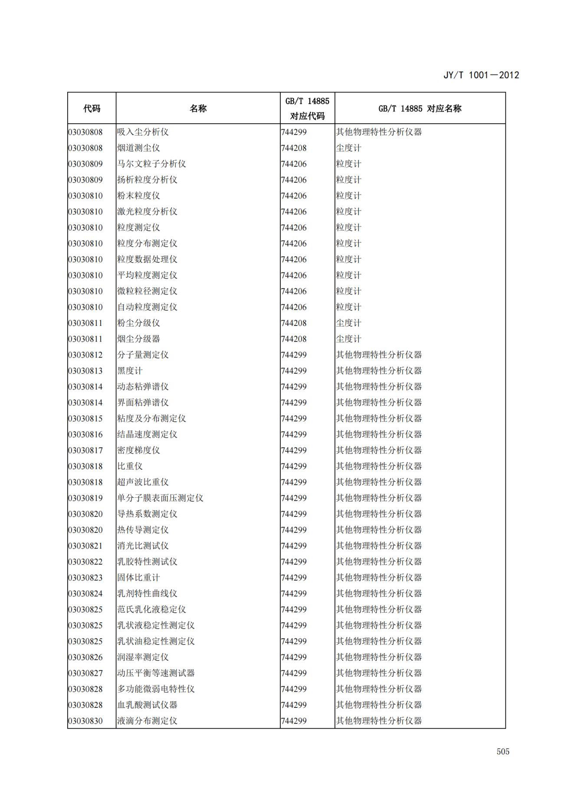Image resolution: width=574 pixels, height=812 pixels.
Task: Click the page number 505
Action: [503, 751]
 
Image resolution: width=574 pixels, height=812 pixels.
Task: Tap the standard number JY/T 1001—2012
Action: [481, 75]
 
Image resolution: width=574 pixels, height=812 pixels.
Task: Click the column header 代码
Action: [92, 108]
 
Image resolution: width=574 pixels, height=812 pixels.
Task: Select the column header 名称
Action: [198, 108]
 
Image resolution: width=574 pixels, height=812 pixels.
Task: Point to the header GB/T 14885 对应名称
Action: [420, 108]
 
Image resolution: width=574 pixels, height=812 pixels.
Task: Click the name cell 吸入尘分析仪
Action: [143, 132]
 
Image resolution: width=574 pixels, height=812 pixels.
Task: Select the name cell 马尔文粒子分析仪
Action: [151, 164]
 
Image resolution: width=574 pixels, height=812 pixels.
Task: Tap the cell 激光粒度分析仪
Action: [147, 211]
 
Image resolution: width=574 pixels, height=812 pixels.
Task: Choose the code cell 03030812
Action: [85, 355]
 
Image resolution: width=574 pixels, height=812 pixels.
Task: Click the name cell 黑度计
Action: [130, 371]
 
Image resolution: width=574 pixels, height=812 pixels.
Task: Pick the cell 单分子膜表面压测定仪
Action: [160, 498]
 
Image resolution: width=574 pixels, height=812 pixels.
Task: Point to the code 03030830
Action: [85, 721]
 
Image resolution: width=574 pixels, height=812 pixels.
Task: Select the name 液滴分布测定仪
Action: [147, 721]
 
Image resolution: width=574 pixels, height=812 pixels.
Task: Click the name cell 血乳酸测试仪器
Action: [147, 705]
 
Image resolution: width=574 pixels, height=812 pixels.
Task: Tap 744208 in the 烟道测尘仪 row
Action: [294, 148]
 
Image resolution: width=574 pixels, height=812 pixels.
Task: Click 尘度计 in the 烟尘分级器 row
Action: [348, 339]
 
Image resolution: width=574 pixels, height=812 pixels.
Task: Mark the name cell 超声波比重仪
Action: [143, 482]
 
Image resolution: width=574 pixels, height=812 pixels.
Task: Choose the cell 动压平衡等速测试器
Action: [156, 673]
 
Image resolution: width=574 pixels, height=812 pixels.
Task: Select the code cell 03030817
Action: [85, 450]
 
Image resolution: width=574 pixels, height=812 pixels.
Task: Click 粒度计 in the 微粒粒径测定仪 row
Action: [348, 291]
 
